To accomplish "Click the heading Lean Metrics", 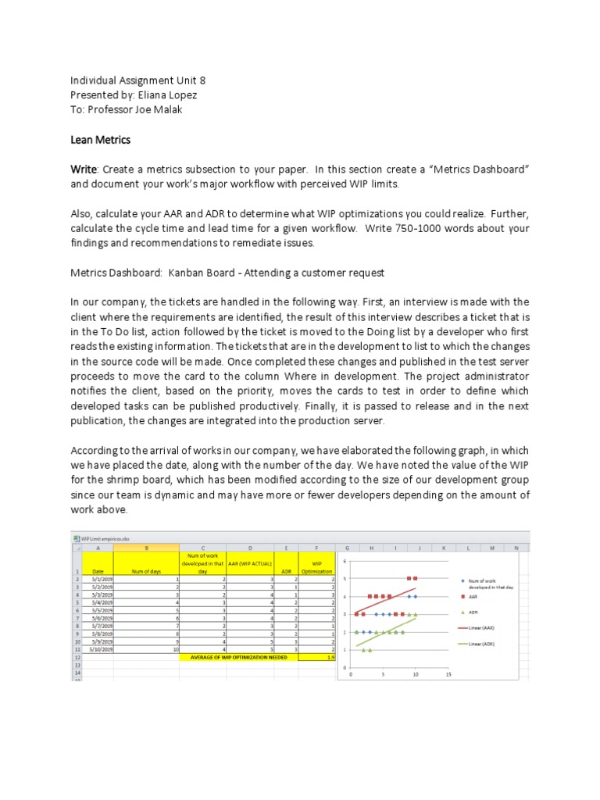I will (x=100, y=140).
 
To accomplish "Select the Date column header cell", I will (x=98, y=571).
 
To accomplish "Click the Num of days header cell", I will (x=146, y=571).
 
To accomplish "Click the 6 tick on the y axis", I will (x=345, y=560).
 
